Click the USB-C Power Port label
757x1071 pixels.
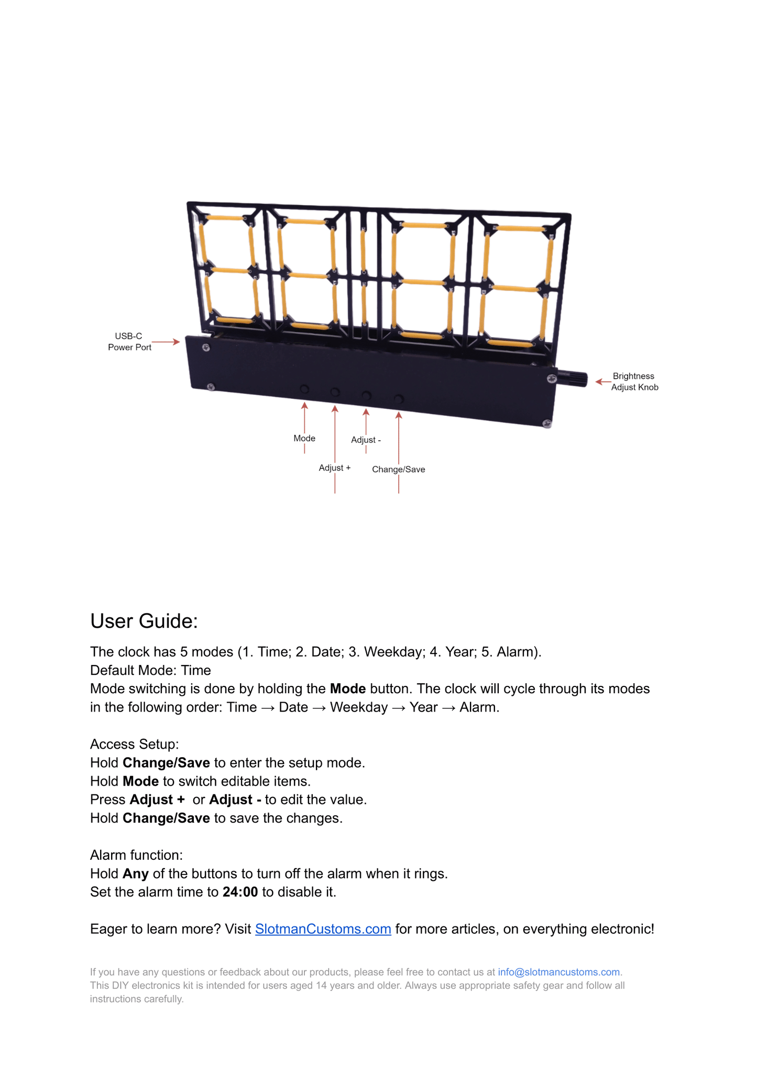129,342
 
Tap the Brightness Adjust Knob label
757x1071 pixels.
634,381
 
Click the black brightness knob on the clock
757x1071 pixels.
572,379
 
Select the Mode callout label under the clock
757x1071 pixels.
304,438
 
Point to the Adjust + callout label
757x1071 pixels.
335,467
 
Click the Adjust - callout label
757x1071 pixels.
366,440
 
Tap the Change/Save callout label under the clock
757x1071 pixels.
398,469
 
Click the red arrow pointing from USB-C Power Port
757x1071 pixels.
166,342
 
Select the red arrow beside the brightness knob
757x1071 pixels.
603,381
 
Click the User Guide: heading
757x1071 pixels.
144,621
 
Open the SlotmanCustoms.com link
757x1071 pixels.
323,929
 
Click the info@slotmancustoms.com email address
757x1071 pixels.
558,972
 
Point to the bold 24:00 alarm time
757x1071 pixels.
240,892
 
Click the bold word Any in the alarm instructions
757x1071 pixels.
136,873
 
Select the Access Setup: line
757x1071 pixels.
135,744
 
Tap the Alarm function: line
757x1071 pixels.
136,855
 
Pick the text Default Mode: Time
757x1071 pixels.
150,670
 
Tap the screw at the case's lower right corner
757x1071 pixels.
546,423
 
